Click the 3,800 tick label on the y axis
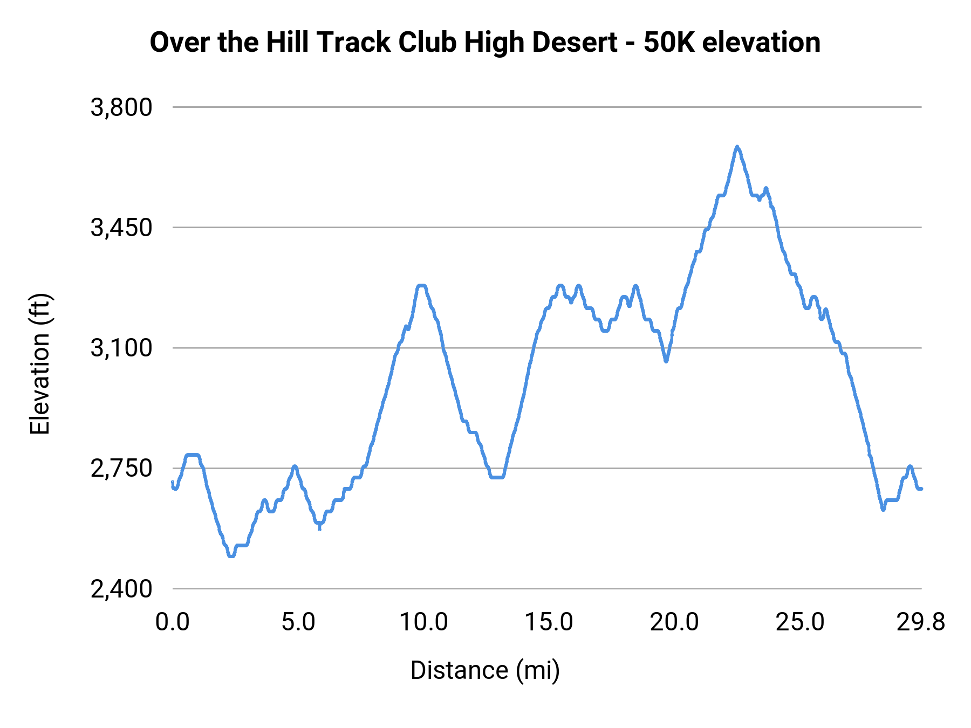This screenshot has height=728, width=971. pos(121,108)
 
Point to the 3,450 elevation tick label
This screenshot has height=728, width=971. pos(121,228)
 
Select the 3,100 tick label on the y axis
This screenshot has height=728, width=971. pos(121,348)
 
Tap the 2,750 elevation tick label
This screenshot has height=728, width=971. pos(121,469)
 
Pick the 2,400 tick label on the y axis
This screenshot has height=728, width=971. pos(121,589)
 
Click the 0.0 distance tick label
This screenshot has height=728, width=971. pos(173,622)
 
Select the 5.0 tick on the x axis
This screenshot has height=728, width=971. pos(298,622)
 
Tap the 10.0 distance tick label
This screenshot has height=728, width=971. pos(423,622)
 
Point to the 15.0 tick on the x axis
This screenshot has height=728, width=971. pos(549,622)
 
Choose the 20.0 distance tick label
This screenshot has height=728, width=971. pos(674,622)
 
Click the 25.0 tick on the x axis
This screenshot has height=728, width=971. pos(800,622)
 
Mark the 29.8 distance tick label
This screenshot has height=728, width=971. pos(921,622)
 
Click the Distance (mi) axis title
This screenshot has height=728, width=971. pos(485,670)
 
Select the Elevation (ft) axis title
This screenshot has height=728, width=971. pos(40,365)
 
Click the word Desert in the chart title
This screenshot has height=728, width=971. pos(575,42)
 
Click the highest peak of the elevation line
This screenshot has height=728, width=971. pos(737,147)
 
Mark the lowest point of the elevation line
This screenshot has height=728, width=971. pos(231,556)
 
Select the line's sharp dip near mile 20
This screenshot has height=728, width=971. pos(666,361)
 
